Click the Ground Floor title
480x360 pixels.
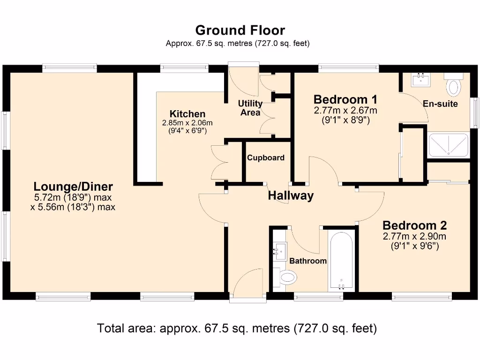tap(240, 30)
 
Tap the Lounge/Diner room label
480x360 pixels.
tap(73, 187)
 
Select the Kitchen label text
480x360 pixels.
tap(187, 114)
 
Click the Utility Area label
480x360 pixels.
tap(250, 108)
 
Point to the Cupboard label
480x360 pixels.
tap(266, 158)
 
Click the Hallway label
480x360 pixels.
tap(290, 195)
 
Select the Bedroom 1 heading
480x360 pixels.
tap(345, 99)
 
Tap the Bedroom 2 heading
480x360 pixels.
tap(414, 225)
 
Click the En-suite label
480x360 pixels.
tap(440, 104)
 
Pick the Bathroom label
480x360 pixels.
tap(307, 261)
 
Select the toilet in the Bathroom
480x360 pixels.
tap(286, 278)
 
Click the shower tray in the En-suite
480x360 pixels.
tap(449, 145)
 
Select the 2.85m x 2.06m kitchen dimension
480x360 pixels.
tap(187, 123)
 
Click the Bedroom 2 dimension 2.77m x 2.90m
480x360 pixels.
tap(414, 236)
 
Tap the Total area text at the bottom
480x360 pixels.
tap(237, 328)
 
